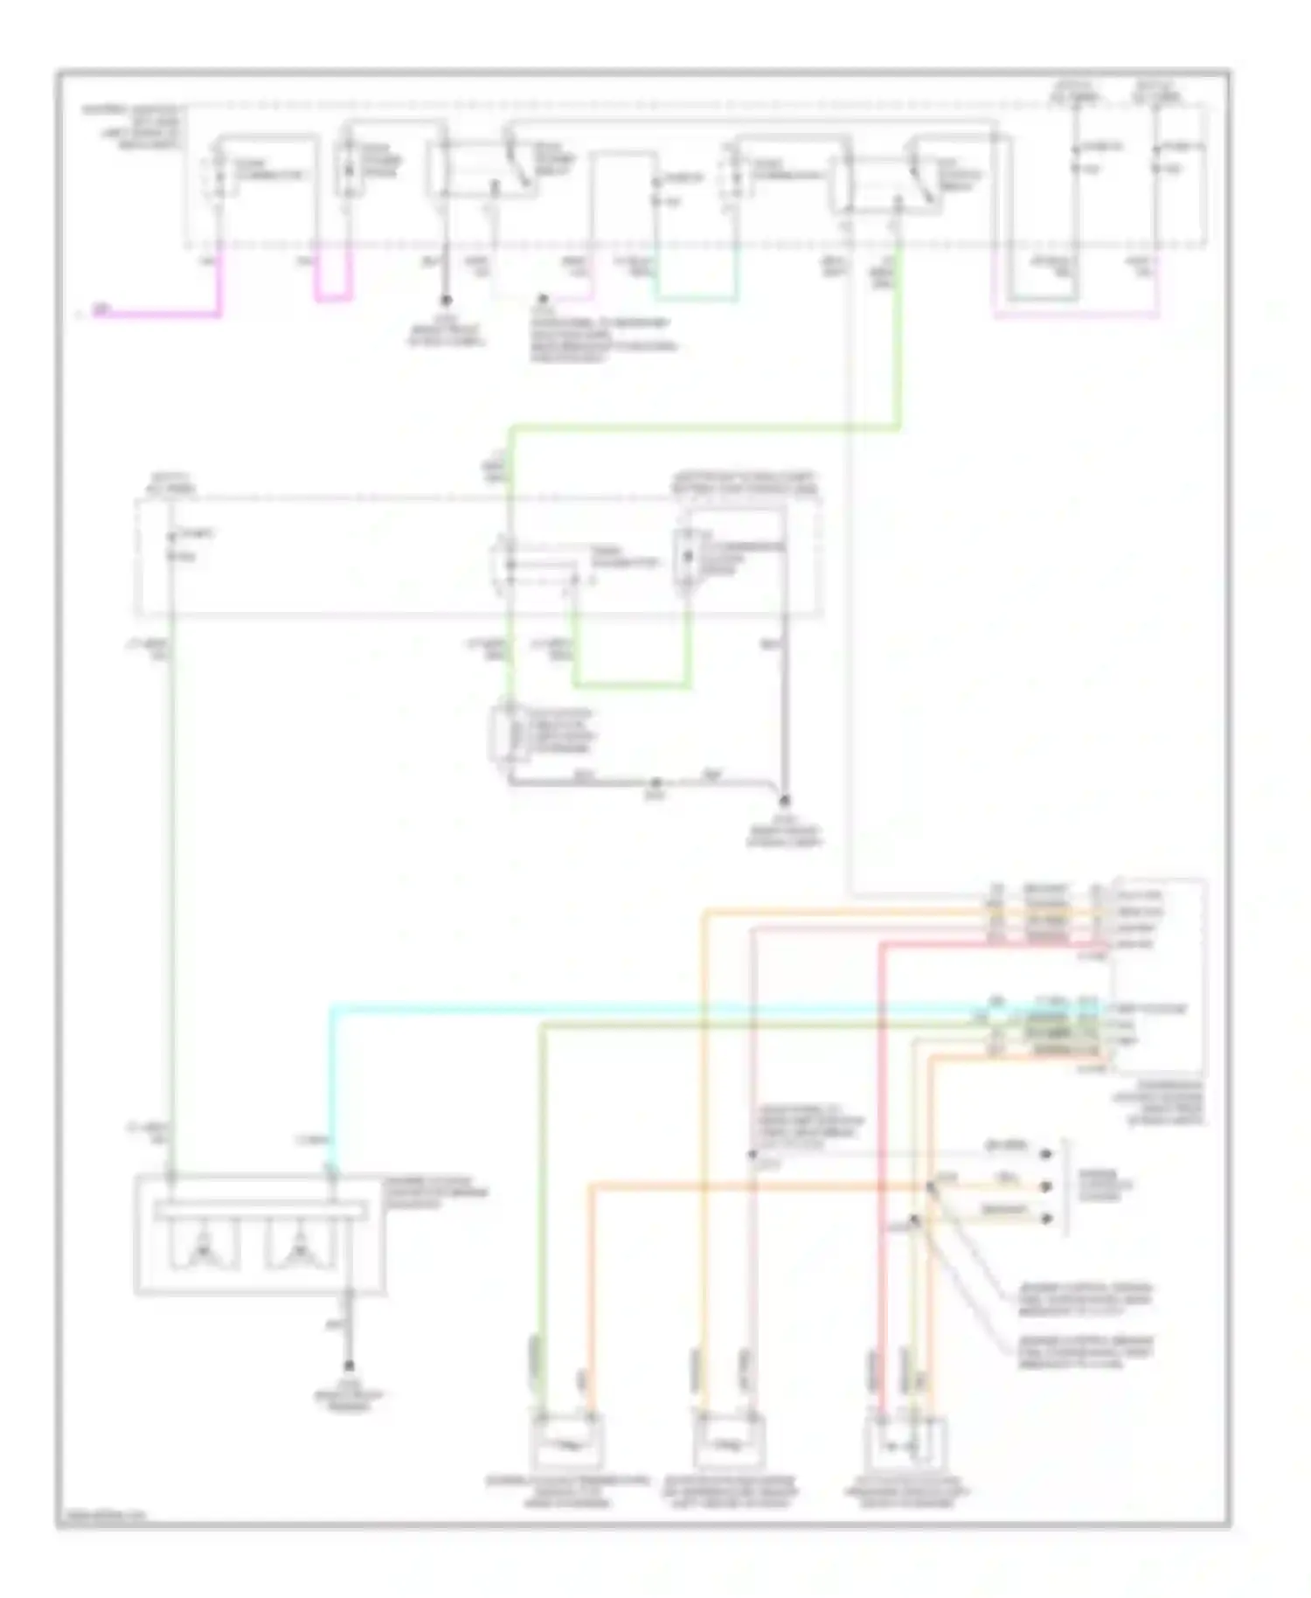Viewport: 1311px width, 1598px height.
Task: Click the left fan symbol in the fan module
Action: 203,1245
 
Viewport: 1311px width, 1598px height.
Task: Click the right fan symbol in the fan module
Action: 301,1245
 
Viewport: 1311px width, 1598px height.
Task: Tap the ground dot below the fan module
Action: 349,1366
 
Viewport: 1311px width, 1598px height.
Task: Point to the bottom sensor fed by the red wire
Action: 905,1441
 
